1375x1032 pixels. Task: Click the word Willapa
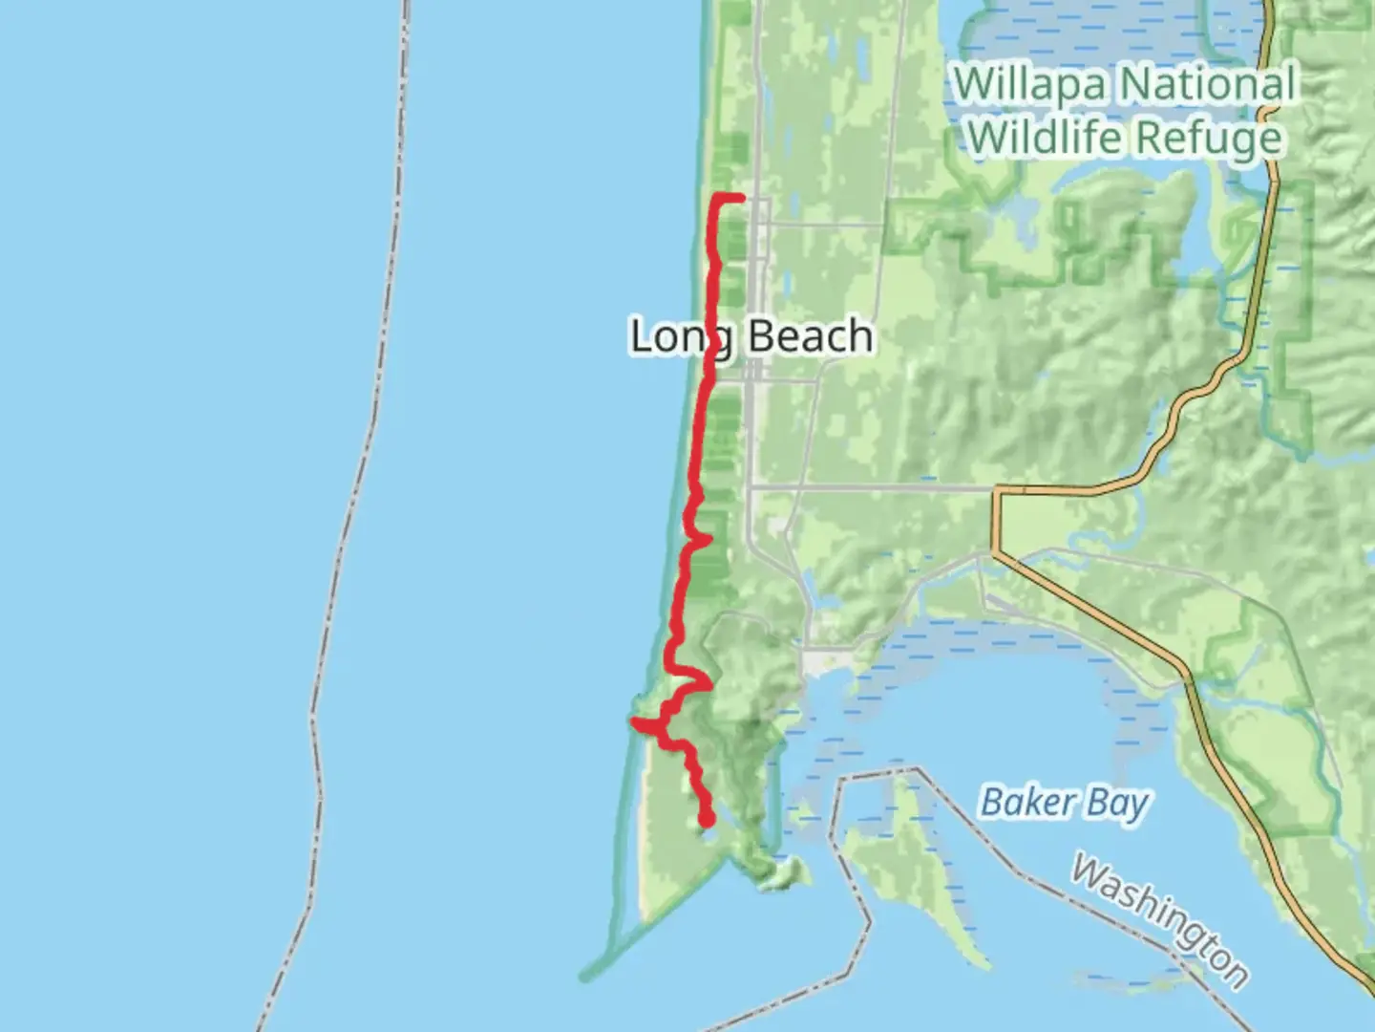[x=1033, y=84]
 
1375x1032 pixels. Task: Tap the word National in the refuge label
[x=1208, y=84]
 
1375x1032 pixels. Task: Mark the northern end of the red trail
[x=741, y=197]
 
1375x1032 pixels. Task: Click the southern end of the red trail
[x=708, y=820]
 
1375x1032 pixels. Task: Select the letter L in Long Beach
[x=641, y=337]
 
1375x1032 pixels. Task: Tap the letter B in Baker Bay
[x=992, y=803]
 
